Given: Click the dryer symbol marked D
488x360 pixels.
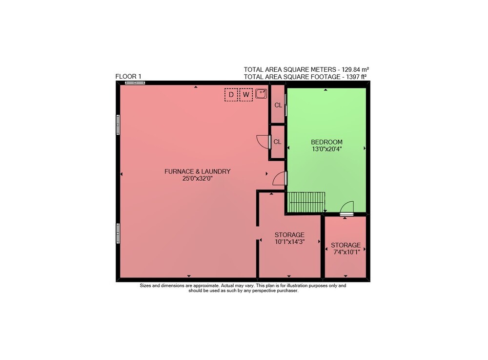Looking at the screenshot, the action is click(231, 95).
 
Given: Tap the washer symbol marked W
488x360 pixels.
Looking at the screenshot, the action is click(246, 95).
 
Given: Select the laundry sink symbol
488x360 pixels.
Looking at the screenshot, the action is click(261, 94).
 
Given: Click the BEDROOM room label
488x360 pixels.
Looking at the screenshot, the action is click(326, 142).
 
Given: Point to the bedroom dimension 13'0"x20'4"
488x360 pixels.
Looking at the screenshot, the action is click(327, 149).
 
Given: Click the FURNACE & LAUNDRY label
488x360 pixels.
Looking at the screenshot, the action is click(197, 171).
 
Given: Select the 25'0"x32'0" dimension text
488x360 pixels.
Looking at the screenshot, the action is click(197, 178).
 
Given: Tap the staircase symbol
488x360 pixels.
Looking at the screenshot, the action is click(306, 202).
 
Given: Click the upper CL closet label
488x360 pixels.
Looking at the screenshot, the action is click(278, 105).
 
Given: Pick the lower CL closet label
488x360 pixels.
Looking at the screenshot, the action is click(277, 142).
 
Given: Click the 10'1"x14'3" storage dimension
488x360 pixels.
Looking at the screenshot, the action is click(289, 242).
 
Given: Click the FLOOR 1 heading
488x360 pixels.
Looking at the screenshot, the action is click(128, 76).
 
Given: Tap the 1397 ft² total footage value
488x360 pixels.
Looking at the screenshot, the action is click(356, 77).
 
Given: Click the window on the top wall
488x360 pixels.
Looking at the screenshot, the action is click(135, 83).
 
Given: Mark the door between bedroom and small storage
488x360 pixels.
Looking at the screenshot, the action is click(346, 208).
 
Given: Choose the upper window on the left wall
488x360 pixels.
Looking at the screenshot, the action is click(118, 125).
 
